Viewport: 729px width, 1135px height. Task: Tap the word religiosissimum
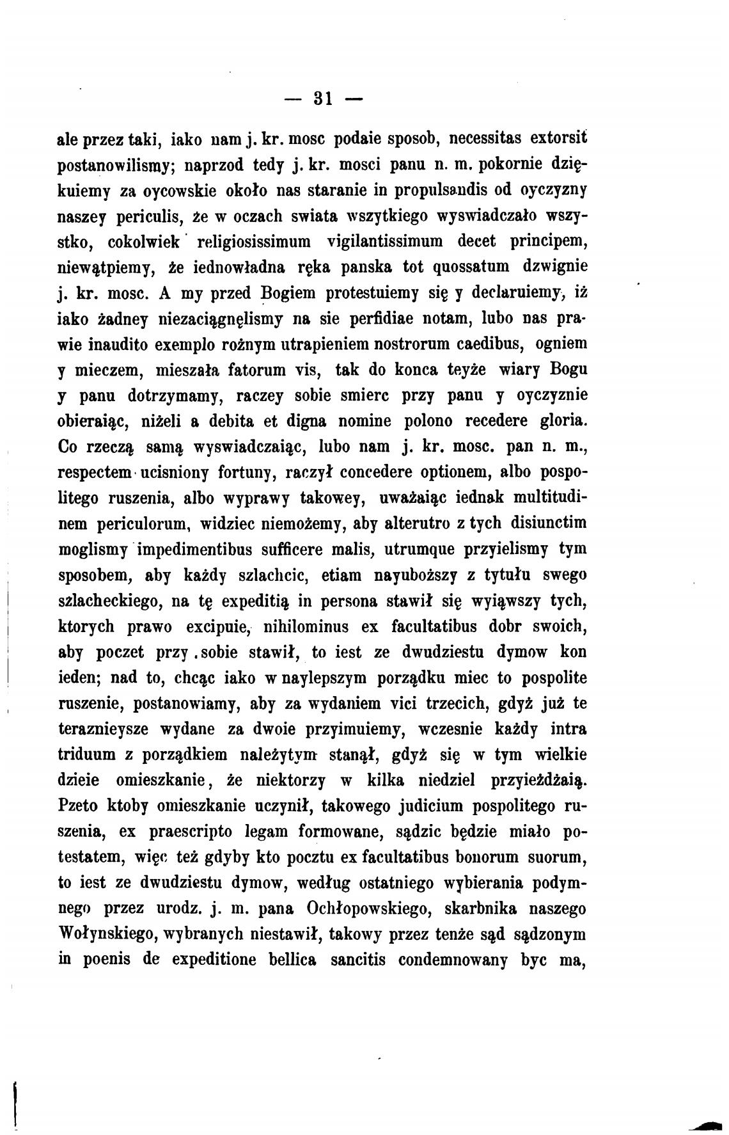[x=253, y=242]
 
